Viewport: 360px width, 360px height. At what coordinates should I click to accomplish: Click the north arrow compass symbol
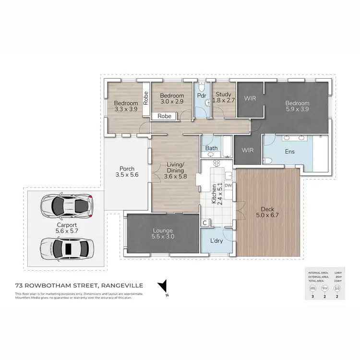(165, 287)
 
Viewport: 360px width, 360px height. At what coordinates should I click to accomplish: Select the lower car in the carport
(64, 249)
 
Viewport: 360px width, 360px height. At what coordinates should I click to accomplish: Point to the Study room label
(224, 97)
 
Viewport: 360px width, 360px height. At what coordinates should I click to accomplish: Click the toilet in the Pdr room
(202, 89)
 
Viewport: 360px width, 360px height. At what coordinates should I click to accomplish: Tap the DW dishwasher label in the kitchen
(228, 185)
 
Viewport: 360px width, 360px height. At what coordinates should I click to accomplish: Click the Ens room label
(289, 152)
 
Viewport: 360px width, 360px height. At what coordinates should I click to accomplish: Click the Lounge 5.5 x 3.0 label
(162, 233)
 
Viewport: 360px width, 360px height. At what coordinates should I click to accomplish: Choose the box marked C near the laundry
(204, 223)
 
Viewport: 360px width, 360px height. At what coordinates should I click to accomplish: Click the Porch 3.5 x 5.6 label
(127, 172)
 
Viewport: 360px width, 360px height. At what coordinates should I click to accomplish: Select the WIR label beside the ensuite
(247, 150)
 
